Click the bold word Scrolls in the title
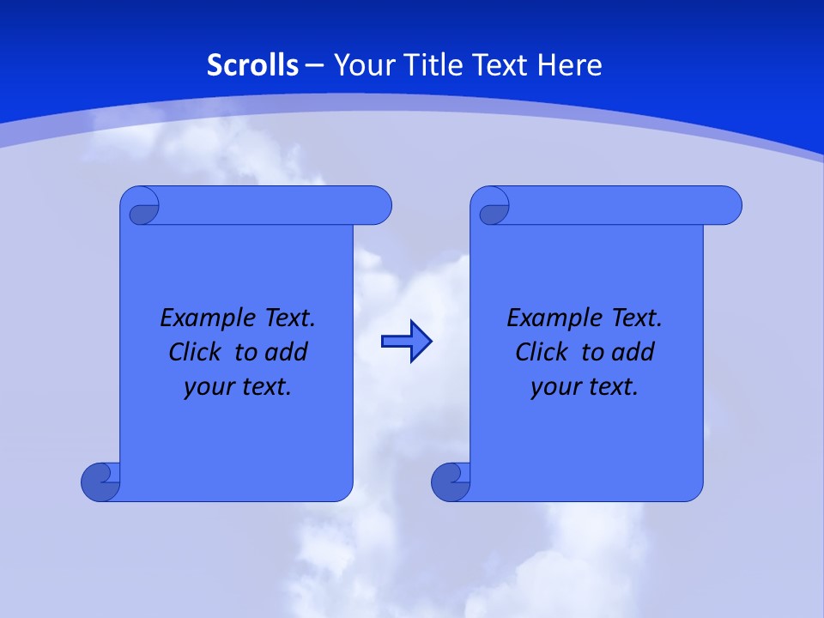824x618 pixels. pyautogui.click(x=253, y=65)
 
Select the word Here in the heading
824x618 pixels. pyautogui.click(x=569, y=65)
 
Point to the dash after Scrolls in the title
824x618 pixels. pyautogui.click(x=314, y=65)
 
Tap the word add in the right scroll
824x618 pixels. pyautogui.click(x=633, y=353)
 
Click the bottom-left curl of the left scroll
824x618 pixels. pyautogui.click(x=100, y=482)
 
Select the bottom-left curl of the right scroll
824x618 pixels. pyautogui.click(x=451, y=482)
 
